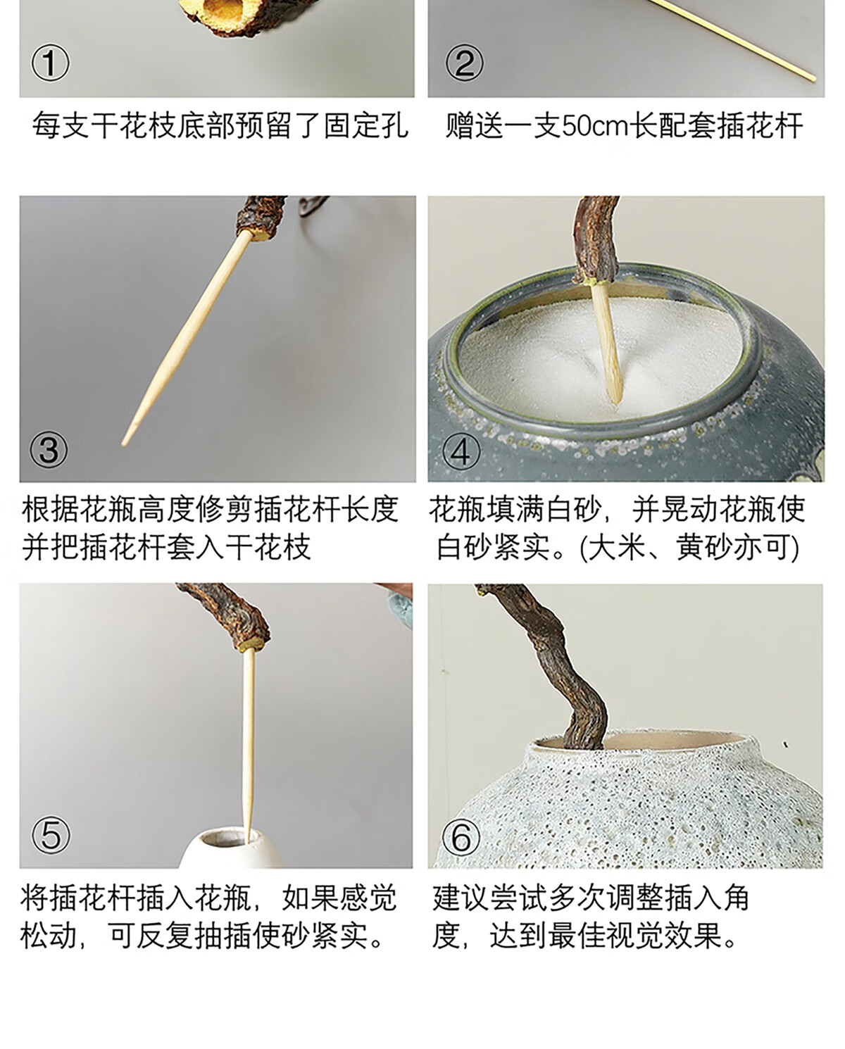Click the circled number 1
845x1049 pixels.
[50, 63]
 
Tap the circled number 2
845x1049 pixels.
[464, 63]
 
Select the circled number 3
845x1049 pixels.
[49, 449]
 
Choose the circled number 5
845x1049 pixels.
[51, 835]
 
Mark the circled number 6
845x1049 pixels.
[461, 835]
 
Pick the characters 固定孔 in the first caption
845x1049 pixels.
[365, 126]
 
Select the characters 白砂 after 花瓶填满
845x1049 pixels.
[575, 510]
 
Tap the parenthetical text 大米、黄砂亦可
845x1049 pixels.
[689, 548]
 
